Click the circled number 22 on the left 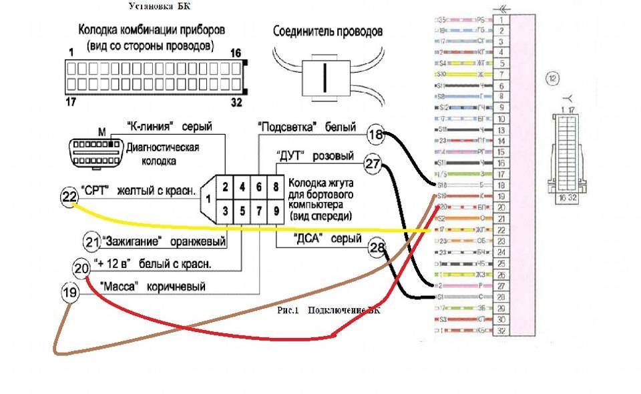tap(69, 196)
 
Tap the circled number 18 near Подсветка tap(377, 136)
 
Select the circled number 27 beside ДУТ tap(373, 164)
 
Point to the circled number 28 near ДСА tap(378, 247)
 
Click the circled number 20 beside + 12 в tap(81, 268)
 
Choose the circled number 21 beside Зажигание tap(91, 240)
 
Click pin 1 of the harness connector tap(208, 198)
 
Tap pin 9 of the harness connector tap(275, 211)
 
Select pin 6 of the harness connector tap(258, 187)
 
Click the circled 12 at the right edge tap(552, 78)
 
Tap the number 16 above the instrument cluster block tap(234, 53)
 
